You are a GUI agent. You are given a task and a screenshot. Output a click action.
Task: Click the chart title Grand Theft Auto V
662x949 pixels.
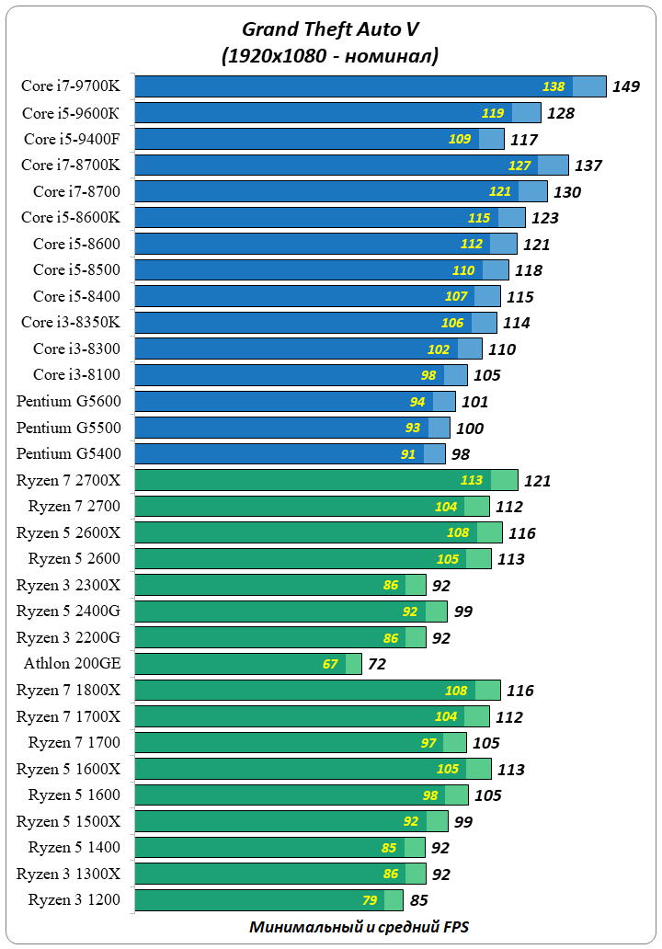pos(330,29)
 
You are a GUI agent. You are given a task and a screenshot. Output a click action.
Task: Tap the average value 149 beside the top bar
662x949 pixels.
pos(626,87)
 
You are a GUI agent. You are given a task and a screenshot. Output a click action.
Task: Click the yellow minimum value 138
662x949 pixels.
pos(554,86)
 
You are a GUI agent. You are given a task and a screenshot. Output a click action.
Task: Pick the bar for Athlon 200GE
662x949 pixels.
pos(248,664)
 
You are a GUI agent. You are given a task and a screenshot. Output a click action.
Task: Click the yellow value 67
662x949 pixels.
pos(331,664)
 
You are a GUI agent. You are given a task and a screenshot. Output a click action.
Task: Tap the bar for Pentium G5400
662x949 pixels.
pos(290,454)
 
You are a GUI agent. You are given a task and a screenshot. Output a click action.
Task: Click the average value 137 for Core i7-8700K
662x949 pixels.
pos(588,166)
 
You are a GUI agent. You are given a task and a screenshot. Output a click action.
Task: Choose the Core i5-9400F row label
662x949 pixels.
pos(72,139)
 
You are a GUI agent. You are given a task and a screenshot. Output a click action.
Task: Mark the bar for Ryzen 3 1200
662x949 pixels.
pos(268,900)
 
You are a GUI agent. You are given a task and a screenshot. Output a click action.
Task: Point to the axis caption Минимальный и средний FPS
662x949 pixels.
pos(359,927)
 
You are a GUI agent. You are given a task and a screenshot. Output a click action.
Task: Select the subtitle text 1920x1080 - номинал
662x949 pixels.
pos(330,57)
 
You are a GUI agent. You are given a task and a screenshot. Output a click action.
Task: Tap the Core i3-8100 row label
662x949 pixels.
pos(76,374)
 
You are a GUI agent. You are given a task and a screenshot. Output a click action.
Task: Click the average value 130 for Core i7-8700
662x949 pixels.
pos(566,192)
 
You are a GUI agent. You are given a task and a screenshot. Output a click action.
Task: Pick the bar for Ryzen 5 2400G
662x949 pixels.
pos(291,612)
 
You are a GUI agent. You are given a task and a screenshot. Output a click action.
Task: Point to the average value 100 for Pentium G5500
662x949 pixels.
pos(469,429)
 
